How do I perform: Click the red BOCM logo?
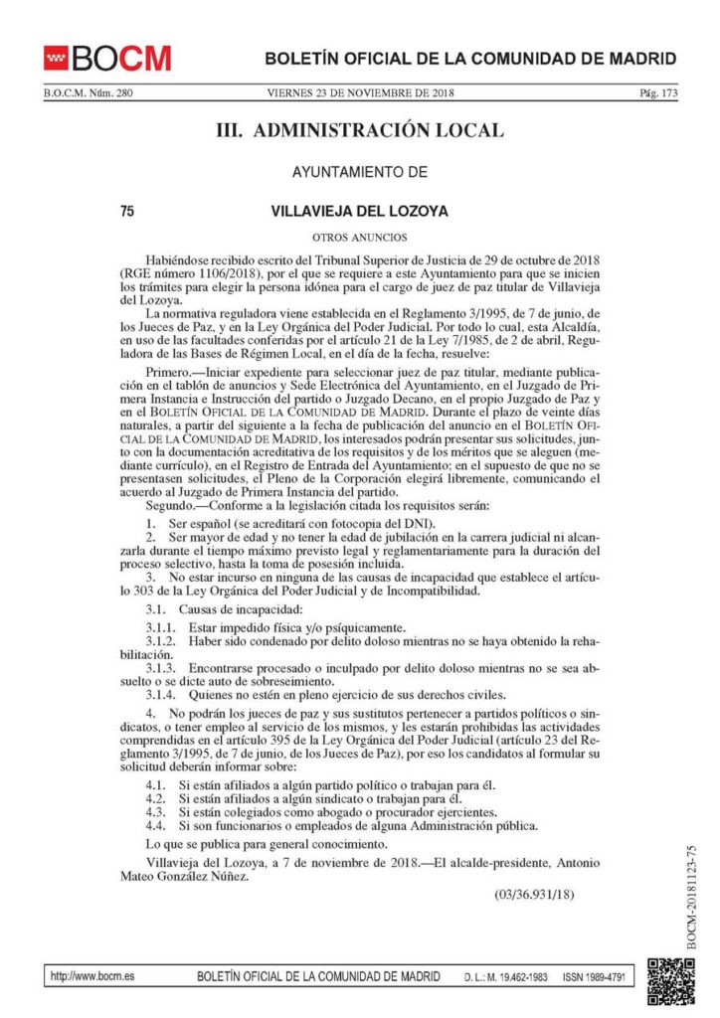[107, 57]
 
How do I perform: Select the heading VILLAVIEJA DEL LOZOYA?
[359, 211]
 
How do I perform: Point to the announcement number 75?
[126, 211]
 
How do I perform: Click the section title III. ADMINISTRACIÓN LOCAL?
[360, 130]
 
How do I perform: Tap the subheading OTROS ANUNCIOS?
[359, 239]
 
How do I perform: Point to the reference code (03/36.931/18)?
[534, 896]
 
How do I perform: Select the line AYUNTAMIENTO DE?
[359, 172]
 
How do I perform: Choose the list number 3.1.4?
[162, 695]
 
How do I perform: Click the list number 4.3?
[155, 811]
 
